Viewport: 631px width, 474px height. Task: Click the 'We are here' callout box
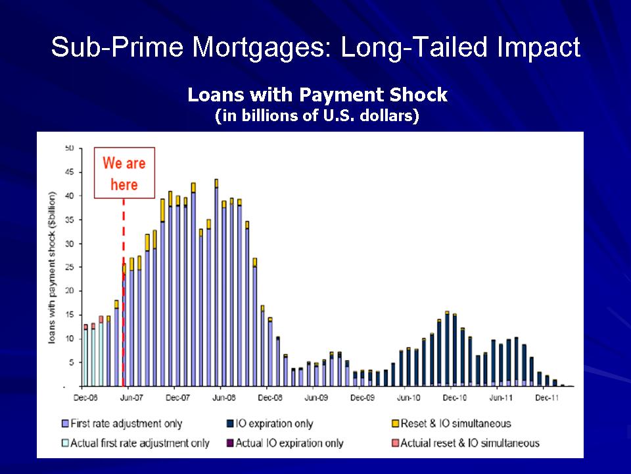(124, 173)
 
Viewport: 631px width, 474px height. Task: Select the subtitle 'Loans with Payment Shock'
(317, 95)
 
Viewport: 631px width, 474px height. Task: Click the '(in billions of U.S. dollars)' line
(317, 116)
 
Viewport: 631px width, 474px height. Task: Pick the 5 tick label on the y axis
(72, 362)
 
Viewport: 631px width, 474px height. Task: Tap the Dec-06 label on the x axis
(85, 398)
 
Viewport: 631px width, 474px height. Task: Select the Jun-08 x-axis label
(223, 398)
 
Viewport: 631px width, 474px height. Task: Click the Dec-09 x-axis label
(363, 398)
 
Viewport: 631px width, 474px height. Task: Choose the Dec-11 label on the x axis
(547, 398)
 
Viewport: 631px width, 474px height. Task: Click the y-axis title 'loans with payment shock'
(53, 268)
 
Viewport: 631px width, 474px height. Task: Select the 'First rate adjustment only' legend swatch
(65, 423)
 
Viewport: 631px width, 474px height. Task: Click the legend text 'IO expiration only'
(274, 423)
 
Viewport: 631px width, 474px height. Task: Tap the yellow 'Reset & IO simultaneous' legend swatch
(396, 423)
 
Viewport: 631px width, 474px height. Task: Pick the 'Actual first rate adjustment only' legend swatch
(65, 443)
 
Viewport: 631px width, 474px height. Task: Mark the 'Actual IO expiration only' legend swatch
(230, 443)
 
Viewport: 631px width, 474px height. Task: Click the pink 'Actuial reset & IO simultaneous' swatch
(396, 443)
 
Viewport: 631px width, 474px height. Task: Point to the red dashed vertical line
(124, 292)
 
